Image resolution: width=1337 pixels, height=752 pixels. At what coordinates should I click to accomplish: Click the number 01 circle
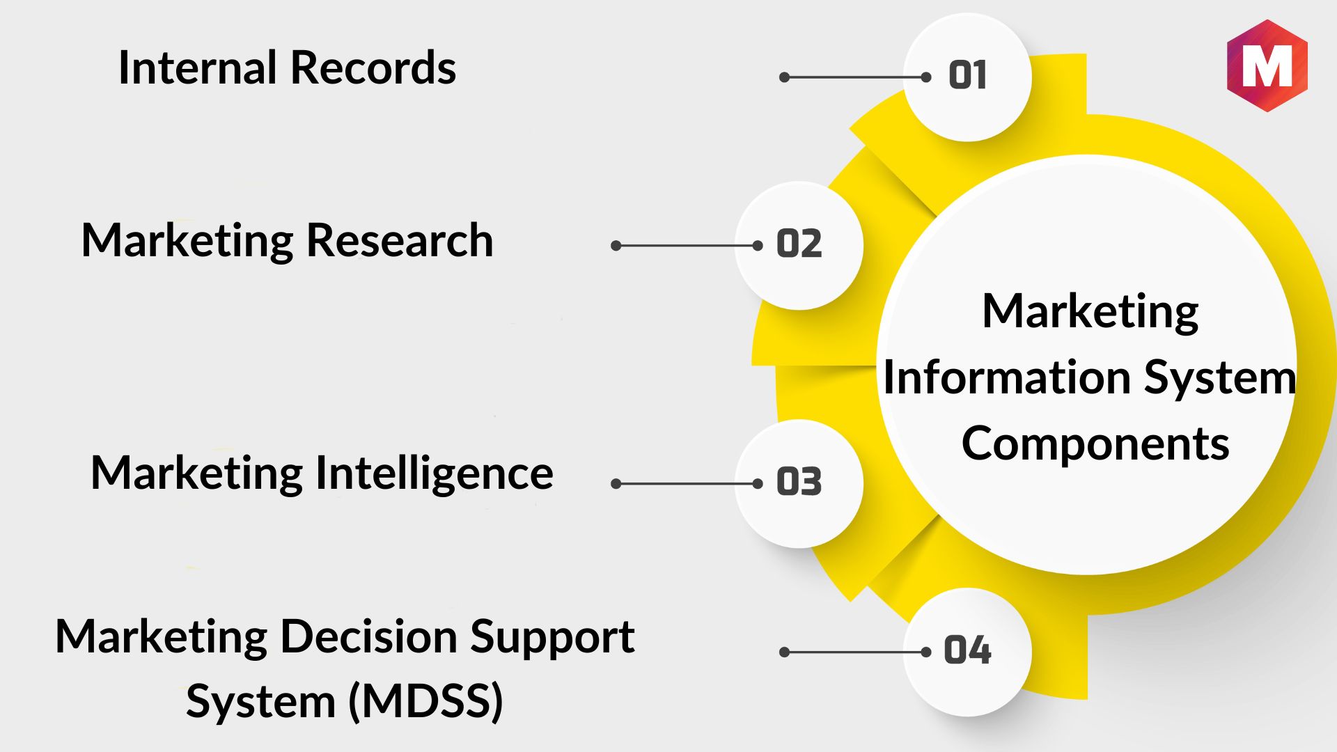967,77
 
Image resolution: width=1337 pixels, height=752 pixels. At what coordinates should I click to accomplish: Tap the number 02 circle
799,246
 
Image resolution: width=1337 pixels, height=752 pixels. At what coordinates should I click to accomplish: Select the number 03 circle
799,484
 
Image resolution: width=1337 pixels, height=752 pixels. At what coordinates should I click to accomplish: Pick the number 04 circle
967,652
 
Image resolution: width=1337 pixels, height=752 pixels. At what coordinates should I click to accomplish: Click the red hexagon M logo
1267,65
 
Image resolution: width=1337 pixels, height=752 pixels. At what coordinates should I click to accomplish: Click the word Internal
198,68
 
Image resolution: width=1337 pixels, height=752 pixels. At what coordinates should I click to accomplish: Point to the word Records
373,68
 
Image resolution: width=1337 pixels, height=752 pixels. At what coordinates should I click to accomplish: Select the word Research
400,240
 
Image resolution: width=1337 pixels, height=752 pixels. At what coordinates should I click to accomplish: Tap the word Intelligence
435,473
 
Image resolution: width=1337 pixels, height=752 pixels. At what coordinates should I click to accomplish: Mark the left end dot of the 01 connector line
785,77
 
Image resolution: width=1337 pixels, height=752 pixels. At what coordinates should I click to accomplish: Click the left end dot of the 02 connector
616,246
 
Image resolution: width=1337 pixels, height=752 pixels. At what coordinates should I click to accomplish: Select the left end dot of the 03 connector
616,484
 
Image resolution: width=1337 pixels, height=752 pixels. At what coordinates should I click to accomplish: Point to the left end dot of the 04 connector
785,652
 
